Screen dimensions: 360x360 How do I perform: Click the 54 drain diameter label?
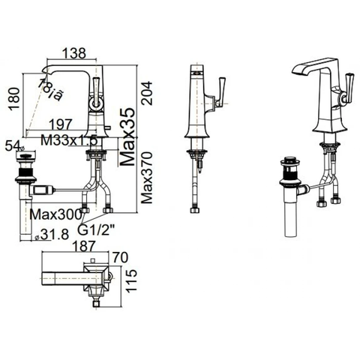pos(10,144)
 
